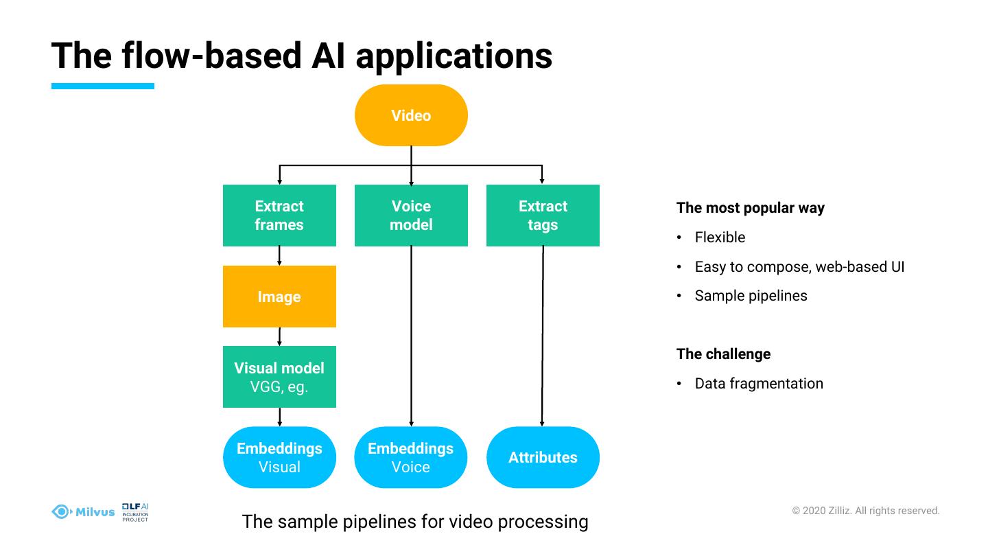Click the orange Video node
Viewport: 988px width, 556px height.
coord(411,115)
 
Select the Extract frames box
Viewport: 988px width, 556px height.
coord(279,216)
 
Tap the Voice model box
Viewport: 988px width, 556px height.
coord(411,216)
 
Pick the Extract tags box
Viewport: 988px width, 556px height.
coord(543,216)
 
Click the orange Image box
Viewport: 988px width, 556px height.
coord(279,297)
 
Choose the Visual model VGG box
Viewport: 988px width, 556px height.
coord(279,377)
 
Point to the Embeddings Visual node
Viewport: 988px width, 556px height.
coord(279,457)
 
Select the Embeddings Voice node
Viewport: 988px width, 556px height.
coord(411,457)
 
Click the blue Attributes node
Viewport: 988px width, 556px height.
coord(543,457)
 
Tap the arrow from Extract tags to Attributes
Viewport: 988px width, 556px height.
coord(543,336)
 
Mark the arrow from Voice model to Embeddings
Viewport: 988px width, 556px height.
coord(411,336)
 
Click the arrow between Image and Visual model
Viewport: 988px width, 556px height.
coord(279,336)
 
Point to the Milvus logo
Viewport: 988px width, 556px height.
coord(84,511)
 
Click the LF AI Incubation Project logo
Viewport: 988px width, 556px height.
coord(135,512)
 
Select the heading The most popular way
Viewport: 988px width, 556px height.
coord(750,208)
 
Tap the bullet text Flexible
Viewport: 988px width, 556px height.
coord(720,238)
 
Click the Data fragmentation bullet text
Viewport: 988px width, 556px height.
coord(759,384)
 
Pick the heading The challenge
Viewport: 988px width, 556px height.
coord(723,354)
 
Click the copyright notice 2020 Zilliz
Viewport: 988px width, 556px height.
coord(866,511)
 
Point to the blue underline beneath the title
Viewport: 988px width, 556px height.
coord(103,86)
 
